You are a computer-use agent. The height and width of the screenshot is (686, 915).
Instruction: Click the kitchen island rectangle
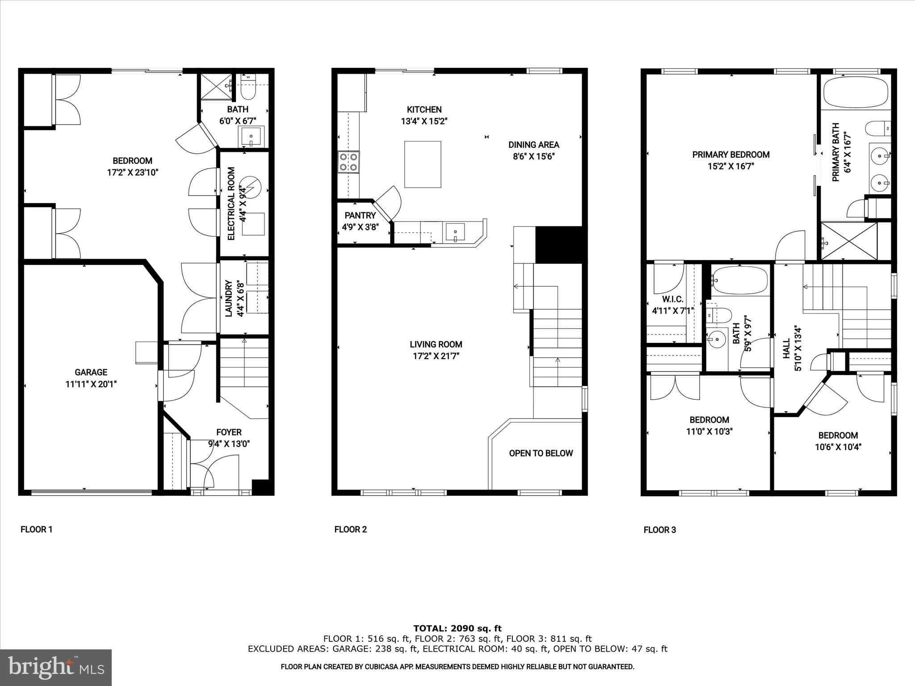pos(423,164)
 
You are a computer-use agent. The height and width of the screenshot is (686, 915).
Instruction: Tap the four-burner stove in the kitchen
pos(349,162)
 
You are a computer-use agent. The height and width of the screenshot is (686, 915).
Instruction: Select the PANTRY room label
pos(360,216)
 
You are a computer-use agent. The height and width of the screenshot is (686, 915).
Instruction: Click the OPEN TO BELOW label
pos(541,453)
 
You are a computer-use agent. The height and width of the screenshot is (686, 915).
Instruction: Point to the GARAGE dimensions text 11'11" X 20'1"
pos(91,384)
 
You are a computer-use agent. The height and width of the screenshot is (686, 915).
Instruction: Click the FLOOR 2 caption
pos(351,530)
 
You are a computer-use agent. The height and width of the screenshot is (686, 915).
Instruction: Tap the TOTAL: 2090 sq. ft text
pos(457,629)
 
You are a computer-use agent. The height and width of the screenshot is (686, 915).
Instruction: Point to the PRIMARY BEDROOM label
pos(731,155)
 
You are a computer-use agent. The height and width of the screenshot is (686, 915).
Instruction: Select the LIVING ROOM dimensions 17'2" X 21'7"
pos(436,356)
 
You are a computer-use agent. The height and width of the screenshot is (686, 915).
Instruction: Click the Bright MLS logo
pos(56,667)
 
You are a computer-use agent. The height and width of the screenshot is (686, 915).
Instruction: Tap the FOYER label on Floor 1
pos(229,432)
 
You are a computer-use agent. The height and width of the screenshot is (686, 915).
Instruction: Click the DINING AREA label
pos(533,145)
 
